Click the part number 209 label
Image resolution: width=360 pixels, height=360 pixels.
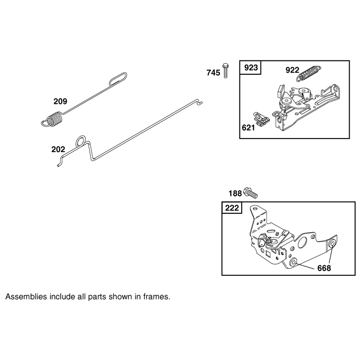click(x=60, y=101)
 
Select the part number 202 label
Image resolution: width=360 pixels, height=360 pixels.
click(x=58, y=149)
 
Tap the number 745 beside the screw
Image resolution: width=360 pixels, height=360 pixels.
click(x=213, y=73)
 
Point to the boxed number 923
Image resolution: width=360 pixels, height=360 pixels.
click(x=251, y=68)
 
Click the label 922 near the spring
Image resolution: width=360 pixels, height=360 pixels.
click(x=292, y=70)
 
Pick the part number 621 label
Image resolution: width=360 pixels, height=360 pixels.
click(x=248, y=128)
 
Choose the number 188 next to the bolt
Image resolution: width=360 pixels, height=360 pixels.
click(x=235, y=193)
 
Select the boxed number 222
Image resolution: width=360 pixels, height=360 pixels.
click(x=232, y=208)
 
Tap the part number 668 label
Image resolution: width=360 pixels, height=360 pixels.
click(x=324, y=268)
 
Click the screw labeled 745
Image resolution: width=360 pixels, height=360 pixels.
click(x=226, y=70)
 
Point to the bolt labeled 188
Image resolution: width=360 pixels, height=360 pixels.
click(x=251, y=193)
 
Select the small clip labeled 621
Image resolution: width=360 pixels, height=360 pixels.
click(x=261, y=119)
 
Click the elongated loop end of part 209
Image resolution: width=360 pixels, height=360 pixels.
click(x=118, y=78)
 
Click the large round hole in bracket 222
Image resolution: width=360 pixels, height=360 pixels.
click(x=302, y=243)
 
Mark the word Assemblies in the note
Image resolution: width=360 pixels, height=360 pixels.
click(x=26, y=297)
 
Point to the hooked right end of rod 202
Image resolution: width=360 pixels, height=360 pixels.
click(x=200, y=102)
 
